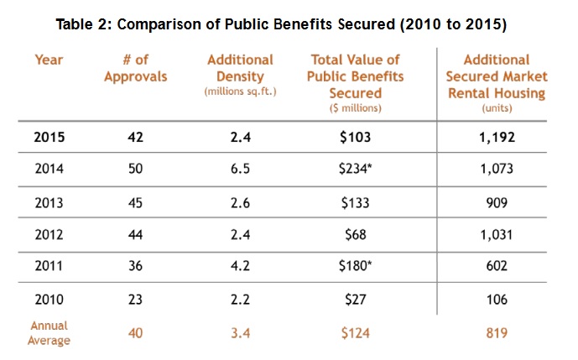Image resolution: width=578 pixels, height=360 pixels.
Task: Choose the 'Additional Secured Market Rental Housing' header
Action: (x=497, y=76)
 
